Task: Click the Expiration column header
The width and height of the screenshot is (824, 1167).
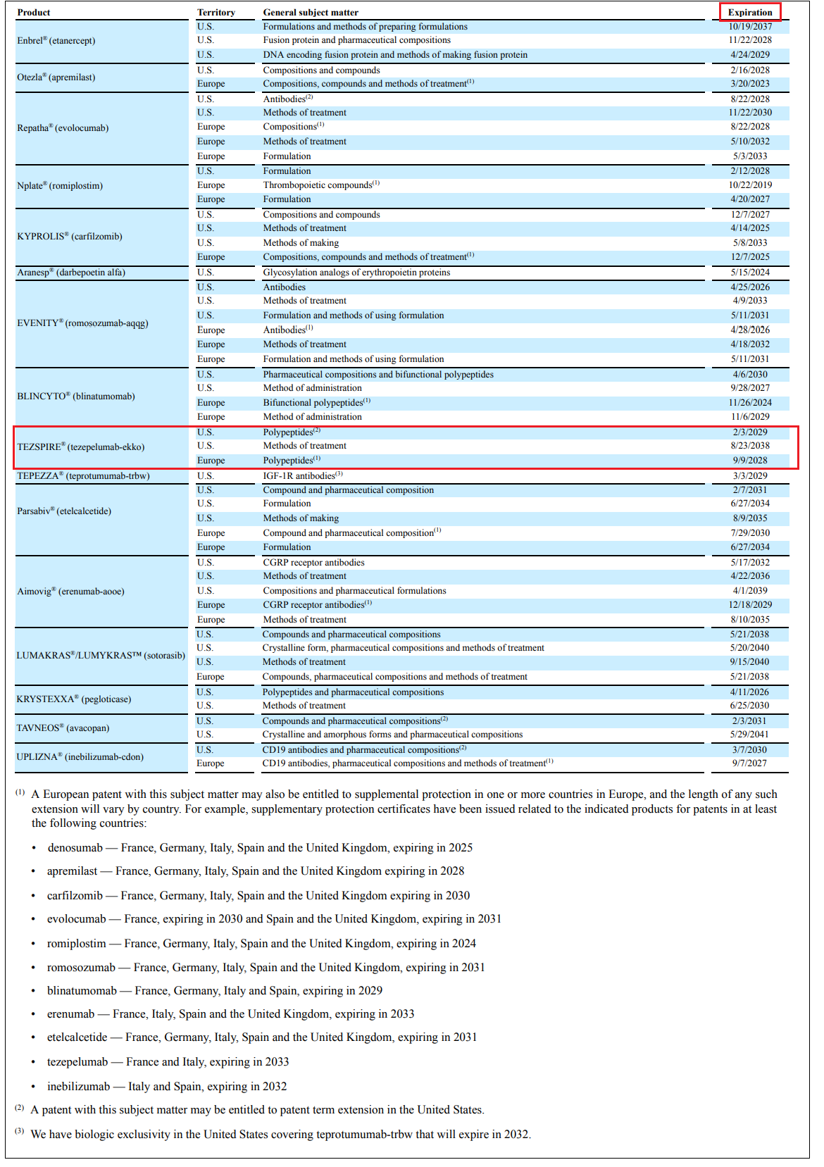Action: pos(750,12)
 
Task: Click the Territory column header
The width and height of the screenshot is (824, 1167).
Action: pos(216,12)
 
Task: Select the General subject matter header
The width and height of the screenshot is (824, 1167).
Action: pos(311,12)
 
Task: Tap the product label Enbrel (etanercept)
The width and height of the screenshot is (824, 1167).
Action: pos(56,40)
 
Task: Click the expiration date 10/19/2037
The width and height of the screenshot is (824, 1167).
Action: pos(750,27)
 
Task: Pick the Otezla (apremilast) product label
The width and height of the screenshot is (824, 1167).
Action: pos(56,77)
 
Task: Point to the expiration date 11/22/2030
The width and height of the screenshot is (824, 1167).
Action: pos(750,113)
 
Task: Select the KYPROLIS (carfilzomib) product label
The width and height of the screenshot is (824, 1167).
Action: pos(70,236)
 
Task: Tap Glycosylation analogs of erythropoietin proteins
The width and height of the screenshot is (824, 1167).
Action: pos(356,273)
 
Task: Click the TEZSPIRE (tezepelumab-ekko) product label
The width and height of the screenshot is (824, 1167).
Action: pos(81,447)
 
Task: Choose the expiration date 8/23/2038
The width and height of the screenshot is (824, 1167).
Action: pos(750,446)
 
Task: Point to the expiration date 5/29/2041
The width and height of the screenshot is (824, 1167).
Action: pos(750,735)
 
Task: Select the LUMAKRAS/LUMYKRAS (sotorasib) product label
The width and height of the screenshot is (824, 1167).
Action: pos(101,655)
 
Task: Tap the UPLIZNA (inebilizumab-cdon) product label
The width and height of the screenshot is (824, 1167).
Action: pos(80,756)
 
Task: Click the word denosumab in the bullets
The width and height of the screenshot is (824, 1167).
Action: pos(75,848)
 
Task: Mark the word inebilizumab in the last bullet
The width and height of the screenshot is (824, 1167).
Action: pos(79,1086)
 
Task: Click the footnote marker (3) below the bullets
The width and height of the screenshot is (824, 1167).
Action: pos(20,1131)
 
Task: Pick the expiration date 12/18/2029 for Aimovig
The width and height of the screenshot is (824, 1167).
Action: pos(750,605)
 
